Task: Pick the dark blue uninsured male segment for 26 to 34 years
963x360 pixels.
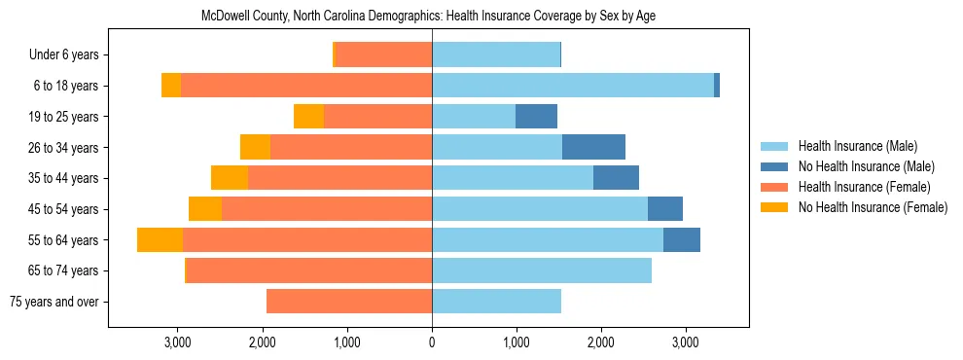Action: [593, 147]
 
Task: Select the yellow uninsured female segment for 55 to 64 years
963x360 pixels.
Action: [160, 239]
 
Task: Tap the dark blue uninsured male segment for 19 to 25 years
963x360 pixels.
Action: [536, 117]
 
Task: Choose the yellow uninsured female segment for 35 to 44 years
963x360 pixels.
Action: [230, 178]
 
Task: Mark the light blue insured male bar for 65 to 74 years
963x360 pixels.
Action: [541, 270]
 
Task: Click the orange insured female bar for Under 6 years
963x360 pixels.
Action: [383, 55]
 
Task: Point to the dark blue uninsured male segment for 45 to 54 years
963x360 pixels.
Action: [665, 209]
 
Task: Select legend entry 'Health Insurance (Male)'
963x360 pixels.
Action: [857, 146]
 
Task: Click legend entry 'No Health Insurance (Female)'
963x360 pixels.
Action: [872, 207]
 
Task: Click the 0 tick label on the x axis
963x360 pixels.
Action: [432, 342]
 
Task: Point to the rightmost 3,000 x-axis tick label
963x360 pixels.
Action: [685, 342]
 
